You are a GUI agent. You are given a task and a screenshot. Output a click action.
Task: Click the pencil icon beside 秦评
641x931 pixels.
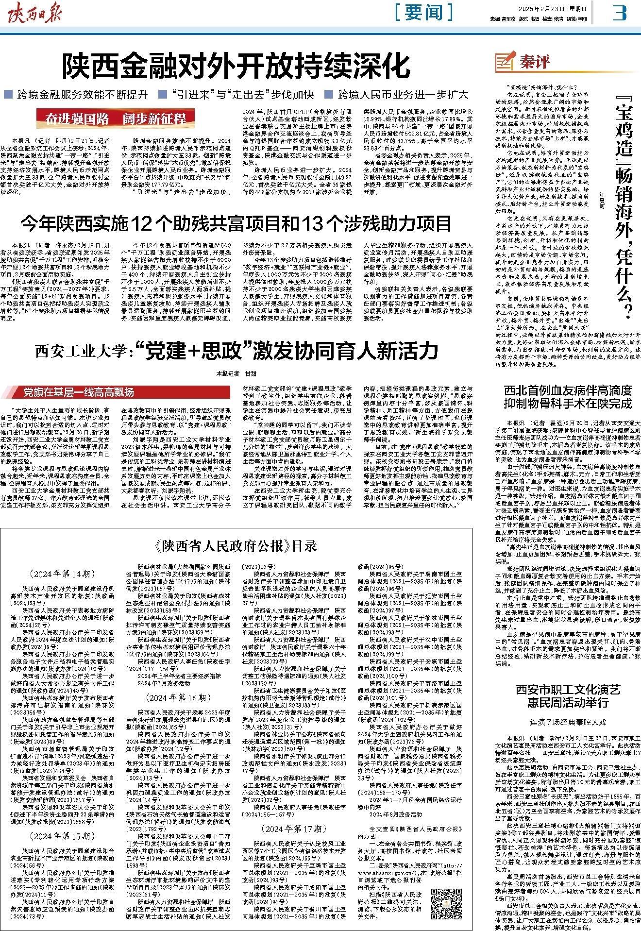(503, 62)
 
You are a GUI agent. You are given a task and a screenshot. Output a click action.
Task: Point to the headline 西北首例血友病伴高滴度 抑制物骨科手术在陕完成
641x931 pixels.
(567, 397)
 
